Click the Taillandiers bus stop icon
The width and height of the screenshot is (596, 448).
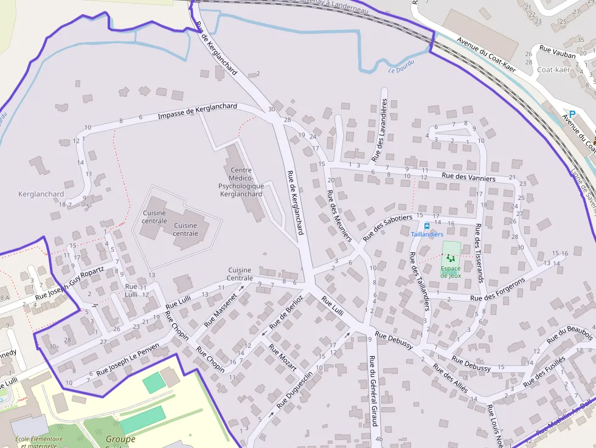pyautogui.click(x=427, y=226)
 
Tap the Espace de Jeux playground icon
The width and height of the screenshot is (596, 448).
pyautogui.click(x=451, y=259)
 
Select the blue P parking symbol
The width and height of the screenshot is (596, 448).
pyautogui.click(x=572, y=114)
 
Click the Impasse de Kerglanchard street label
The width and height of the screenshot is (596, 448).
pyautogui.click(x=197, y=111)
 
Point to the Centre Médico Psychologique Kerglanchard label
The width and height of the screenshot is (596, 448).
pyautogui.click(x=241, y=182)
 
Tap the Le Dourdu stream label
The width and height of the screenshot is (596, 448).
pyautogui.click(x=401, y=66)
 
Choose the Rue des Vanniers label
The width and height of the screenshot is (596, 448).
pyautogui.click(x=468, y=177)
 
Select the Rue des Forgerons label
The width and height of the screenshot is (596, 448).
pyautogui.click(x=497, y=291)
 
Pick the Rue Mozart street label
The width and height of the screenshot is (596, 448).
pyautogui.click(x=283, y=359)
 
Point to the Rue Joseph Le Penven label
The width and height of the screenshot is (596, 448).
pyautogui.click(x=128, y=358)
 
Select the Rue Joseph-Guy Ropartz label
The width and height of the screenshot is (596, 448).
pyautogui.click(x=69, y=283)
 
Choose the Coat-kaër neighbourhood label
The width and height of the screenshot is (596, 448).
pyautogui.click(x=553, y=69)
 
